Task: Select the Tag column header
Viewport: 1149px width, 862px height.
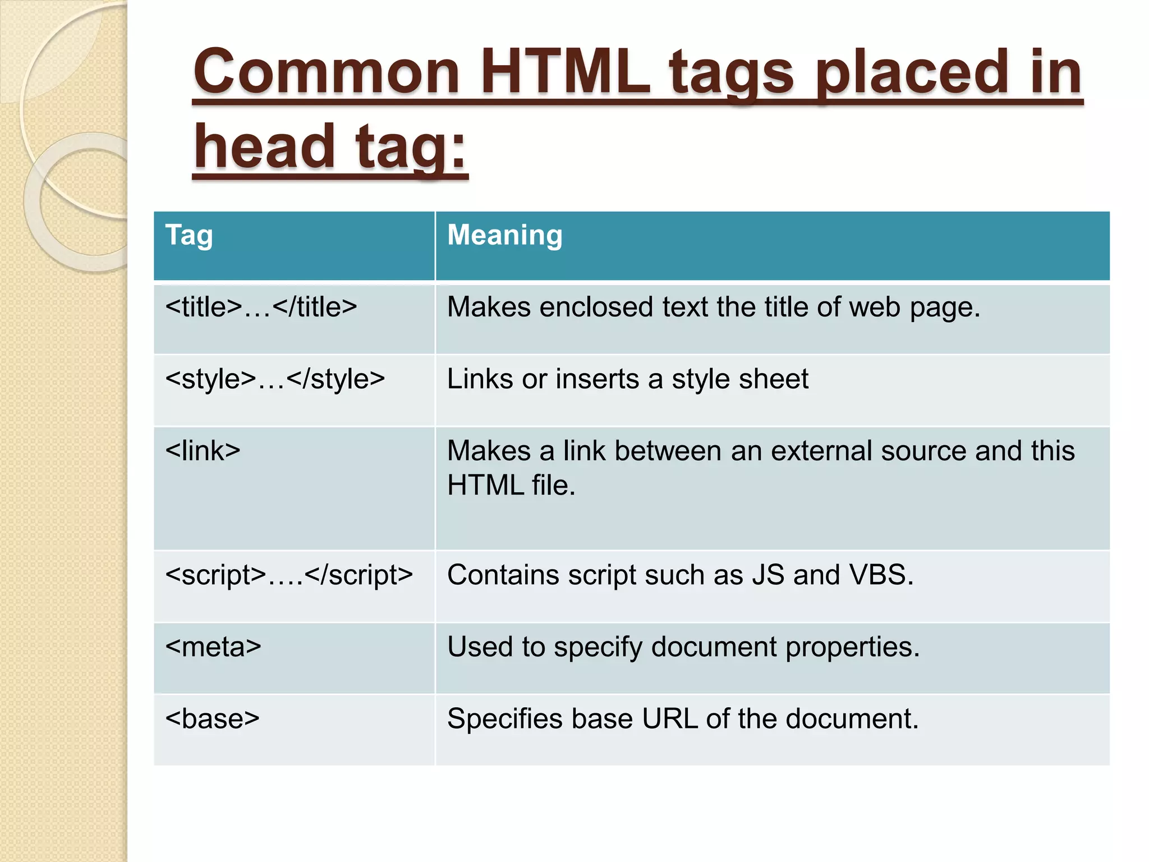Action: click(189, 235)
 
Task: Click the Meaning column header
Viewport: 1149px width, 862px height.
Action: click(504, 235)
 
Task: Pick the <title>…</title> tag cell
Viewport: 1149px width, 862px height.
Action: click(261, 308)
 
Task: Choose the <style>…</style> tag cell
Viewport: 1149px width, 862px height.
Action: click(275, 379)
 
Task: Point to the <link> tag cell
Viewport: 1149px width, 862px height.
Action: click(203, 451)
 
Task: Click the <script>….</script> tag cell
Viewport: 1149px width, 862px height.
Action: click(289, 575)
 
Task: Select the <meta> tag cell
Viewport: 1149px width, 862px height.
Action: click(213, 647)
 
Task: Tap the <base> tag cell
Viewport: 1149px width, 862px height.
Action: click(212, 719)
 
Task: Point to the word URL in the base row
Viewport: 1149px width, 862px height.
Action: click(670, 719)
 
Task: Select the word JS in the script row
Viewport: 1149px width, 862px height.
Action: click(768, 575)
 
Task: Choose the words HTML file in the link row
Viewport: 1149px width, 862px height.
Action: click(511, 485)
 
